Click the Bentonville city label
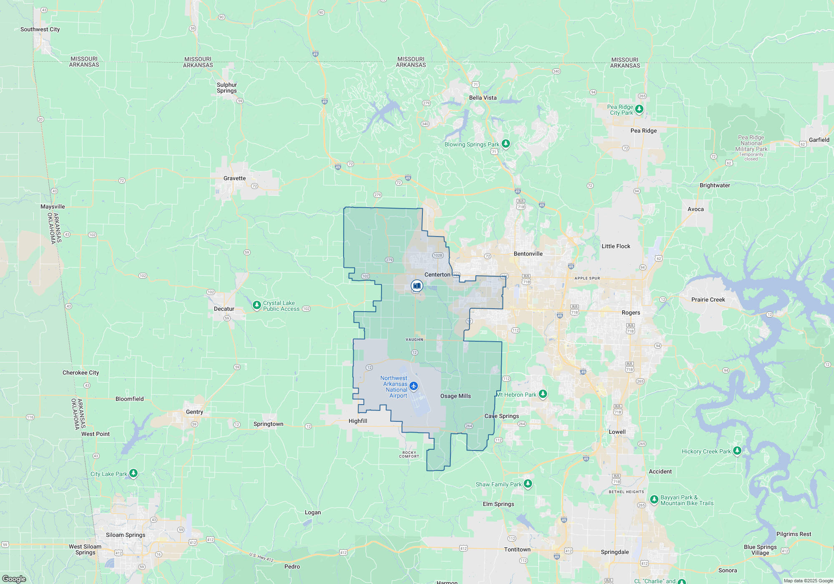pyautogui.click(x=528, y=254)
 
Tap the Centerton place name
pyautogui.click(x=437, y=274)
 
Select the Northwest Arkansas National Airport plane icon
pyautogui.click(x=414, y=386)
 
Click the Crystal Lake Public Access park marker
pyautogui.click(x=257, y=305)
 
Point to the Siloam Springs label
pyautogui.click(x=126, y=535)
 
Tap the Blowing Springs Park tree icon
pyautogui.click(x=506, y=144)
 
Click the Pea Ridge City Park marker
pyautogui.click(x=639, y=109)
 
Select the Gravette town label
pyautogui.click(x=234, y=178)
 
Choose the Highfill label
pyautogui.click(x=358, y=421)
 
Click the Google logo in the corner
pyautogui.click(x=14, y=579)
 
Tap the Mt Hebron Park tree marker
pyautogui.click(x=543, y=394)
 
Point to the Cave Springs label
pyautogui.click(x=502, y=416)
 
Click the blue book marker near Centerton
pyautogui.click(x=417, y=286)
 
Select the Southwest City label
pyautogui.click(x=40, y=29)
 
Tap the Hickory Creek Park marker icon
pyautogui.click(x=737, y=451)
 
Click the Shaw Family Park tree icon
pyautogui.click(x=528, y=483)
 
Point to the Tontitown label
pyautogui.click(x=517, y=549)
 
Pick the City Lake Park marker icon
pyautogui.click(x=133, y=473)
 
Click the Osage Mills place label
pyautogui.click(x=455, y=396)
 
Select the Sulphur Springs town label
pyautogui.click(x=226, y=88)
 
